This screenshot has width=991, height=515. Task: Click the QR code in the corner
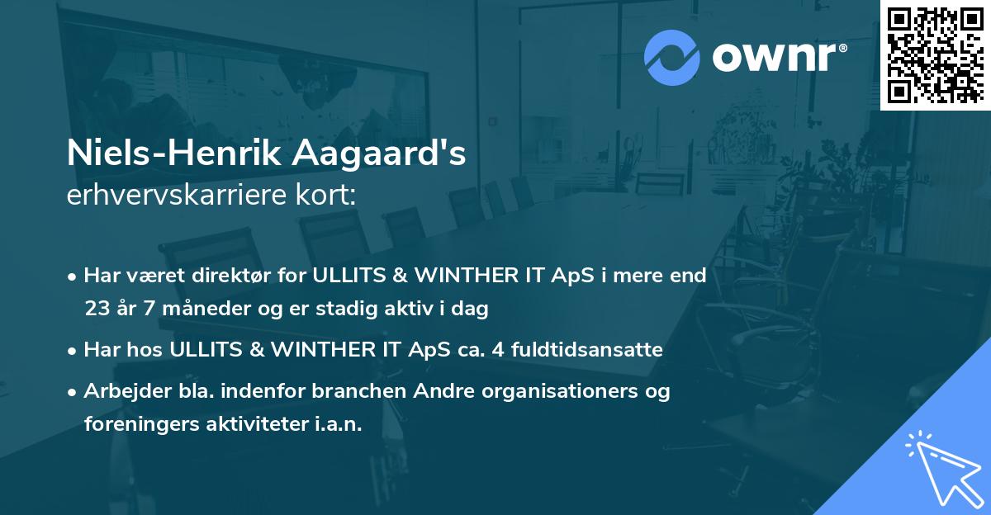coord(935,54)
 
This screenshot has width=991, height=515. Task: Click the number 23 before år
coord(97,309)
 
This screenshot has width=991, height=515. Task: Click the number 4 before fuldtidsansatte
coord(499,350)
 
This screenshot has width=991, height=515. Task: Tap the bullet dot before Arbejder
coord(73,392)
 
